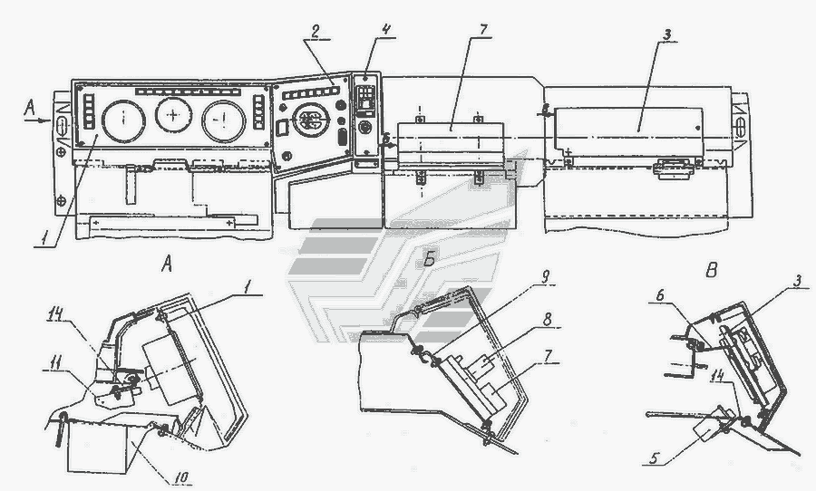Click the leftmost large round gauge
(x=121, y=121)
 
